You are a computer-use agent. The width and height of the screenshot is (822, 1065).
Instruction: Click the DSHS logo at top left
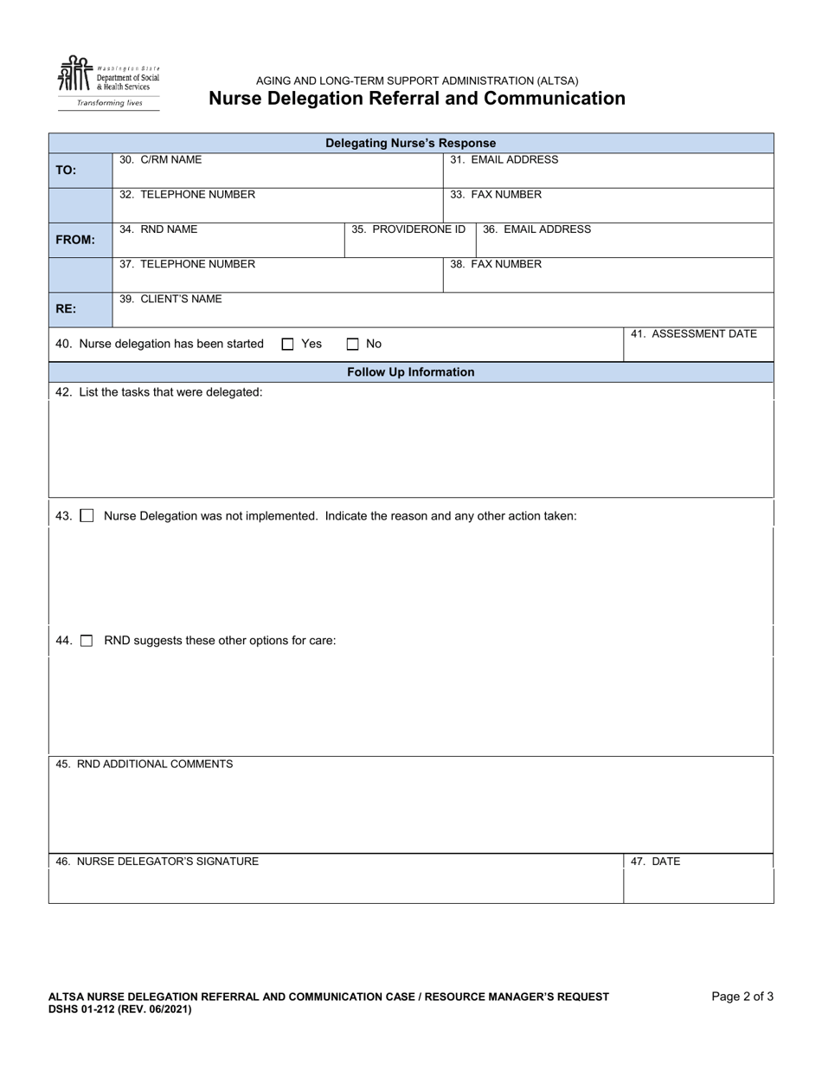pos(108,82)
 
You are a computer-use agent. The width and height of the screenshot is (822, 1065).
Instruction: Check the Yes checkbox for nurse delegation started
pos(288,344)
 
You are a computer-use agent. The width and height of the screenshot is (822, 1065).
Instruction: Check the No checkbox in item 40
pos(353,344)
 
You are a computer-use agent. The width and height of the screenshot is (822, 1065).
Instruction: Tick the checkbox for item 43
pos(87,516)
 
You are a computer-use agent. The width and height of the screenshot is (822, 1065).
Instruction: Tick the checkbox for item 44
pos(87,641)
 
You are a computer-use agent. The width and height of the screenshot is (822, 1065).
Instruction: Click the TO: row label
pos(67,171)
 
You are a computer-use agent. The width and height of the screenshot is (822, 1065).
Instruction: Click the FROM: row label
pos(75,240)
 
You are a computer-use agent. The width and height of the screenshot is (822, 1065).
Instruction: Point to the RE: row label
pos(66,309)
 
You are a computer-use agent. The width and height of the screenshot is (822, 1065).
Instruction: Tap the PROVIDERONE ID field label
pos(408,229)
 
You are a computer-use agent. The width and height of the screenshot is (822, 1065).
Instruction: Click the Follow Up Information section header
pos(410,372)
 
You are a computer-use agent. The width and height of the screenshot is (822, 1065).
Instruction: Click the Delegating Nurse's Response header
pos(410,143)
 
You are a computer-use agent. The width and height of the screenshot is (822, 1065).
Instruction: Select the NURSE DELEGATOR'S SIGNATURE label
pos(157,862)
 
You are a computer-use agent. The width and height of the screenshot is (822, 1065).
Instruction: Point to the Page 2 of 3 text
pos(742,997)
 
